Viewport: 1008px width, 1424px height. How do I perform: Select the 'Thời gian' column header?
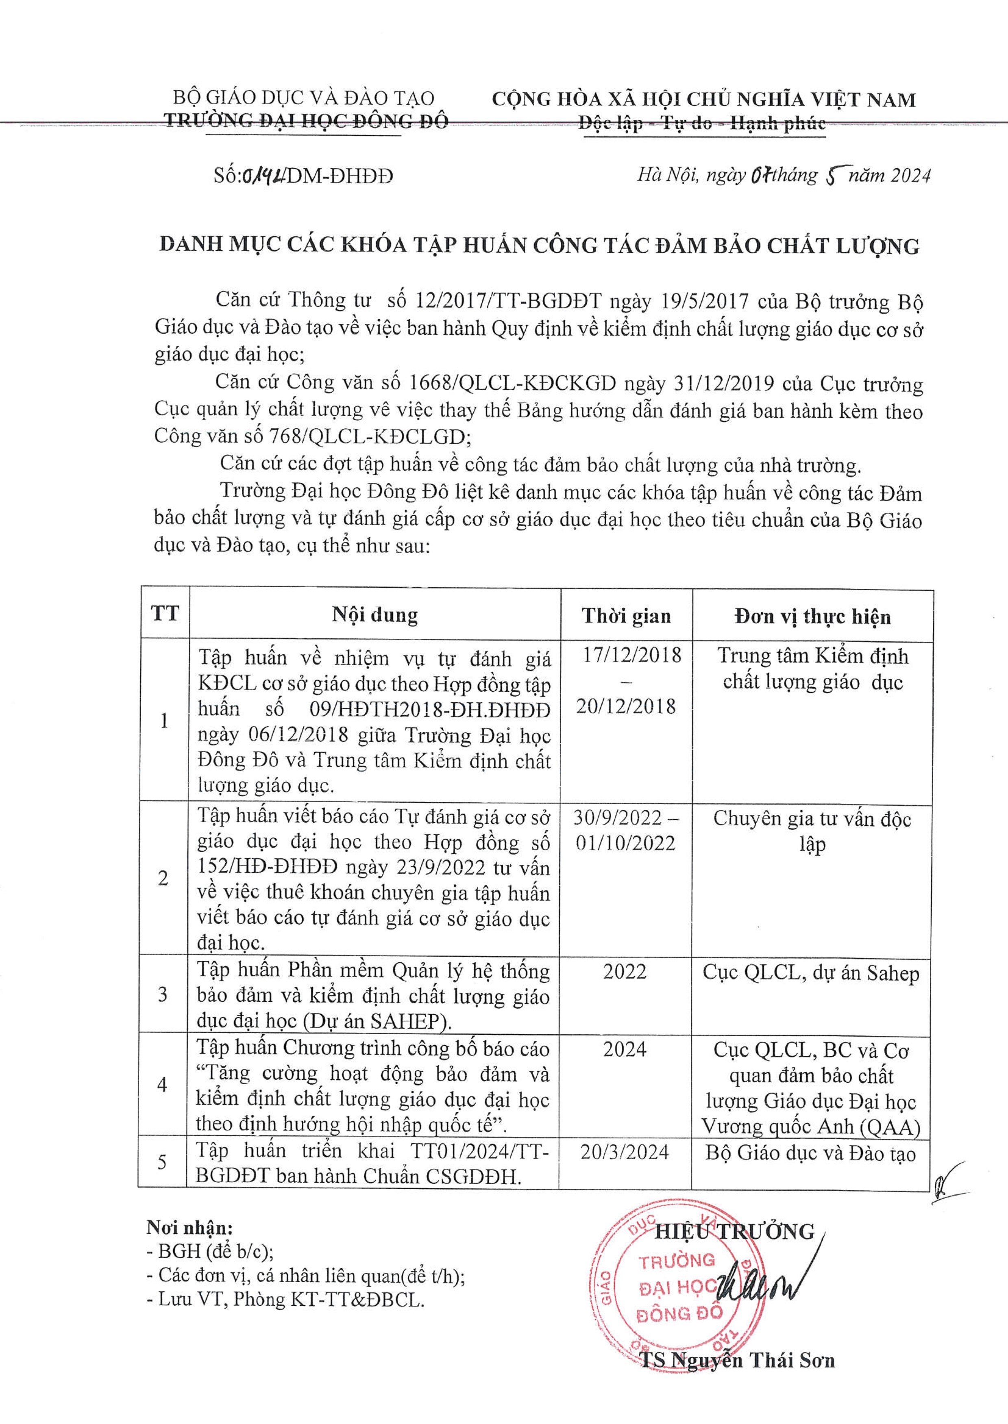626,616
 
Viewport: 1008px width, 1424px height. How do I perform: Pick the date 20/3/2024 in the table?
625,1152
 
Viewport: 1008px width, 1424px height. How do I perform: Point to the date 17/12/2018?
632,655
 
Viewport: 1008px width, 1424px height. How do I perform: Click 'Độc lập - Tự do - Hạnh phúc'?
702,124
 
